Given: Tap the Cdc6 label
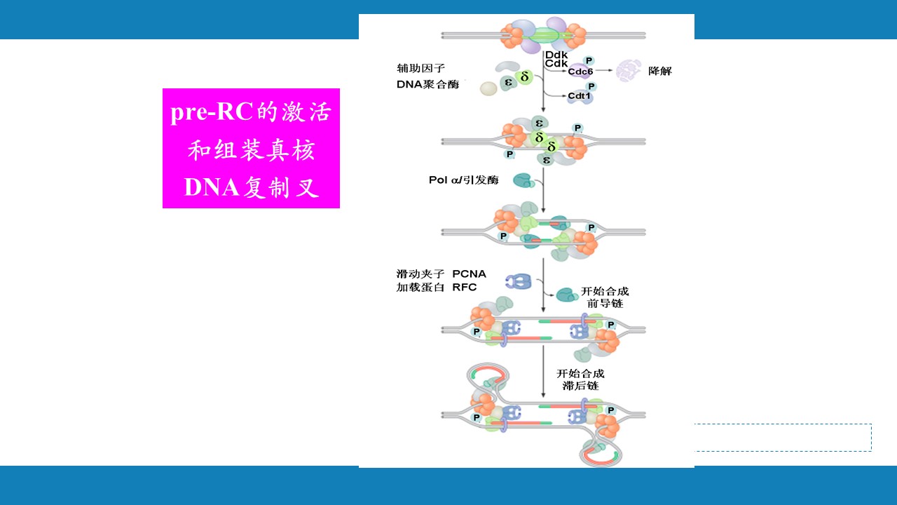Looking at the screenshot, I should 580,72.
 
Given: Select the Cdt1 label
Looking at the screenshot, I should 579,96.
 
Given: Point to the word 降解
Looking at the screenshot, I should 659,71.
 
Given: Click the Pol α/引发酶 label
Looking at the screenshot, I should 463,180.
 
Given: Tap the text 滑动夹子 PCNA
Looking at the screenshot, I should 441,274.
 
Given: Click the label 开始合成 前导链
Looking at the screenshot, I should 605,297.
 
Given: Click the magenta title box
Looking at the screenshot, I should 251,148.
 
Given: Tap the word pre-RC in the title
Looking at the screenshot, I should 211,112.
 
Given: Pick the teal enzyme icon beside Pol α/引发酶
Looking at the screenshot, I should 523,181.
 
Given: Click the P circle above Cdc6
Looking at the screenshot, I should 589,60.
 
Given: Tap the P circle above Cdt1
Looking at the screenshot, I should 591,86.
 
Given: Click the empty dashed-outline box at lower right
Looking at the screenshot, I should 783,437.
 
